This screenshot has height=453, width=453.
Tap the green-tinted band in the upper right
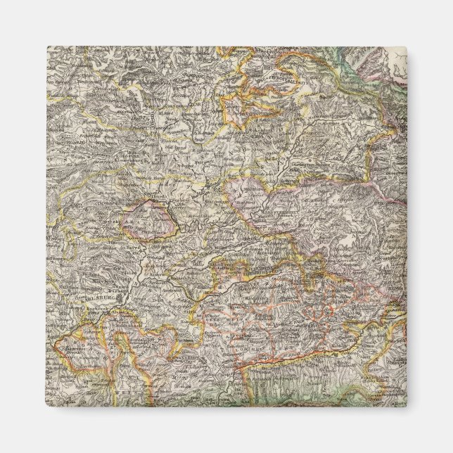click(x=352, y=63)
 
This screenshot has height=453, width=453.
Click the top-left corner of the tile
click(x=47, y=47)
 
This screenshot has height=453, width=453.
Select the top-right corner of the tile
click(x=407, y=47)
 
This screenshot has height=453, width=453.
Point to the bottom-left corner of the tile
click(x=47, y=407)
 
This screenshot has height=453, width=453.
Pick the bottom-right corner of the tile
click(x=407, y=407)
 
